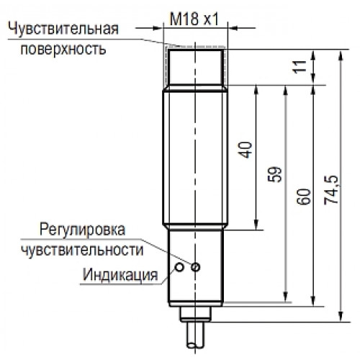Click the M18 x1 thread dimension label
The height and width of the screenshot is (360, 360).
(194, 19)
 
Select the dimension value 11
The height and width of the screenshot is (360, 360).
(300, 67)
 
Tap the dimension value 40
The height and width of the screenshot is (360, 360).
(246, 150)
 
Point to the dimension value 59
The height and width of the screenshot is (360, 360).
(274, 174)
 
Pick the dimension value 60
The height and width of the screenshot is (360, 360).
(304, 197)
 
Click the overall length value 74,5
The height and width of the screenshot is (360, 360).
(331, 189)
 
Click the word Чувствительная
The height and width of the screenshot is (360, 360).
(63, 29)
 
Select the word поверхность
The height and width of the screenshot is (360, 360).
(63, 50)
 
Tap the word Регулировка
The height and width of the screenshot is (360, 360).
(82, 230)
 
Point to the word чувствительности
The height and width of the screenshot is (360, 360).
(82, 250)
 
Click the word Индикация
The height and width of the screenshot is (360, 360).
(120, 274)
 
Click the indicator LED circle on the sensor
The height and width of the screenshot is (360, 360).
(179, 267)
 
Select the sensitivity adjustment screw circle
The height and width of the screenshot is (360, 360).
(196, 267)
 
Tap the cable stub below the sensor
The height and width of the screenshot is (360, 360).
(196, 336)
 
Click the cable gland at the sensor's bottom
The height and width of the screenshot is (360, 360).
(196, 315)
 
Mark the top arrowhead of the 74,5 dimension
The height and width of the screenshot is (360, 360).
(341, 55)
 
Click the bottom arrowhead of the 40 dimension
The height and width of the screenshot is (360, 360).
(256, 225)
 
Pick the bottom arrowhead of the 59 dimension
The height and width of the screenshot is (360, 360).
(285, 297)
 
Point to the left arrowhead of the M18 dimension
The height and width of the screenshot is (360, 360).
(158, 28)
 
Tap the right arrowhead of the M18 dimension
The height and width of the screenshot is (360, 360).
(233, 28)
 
